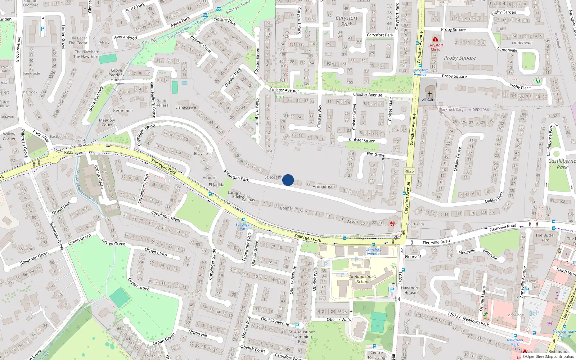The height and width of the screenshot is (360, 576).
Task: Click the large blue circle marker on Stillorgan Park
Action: pyautogui.click(x=288, y=180)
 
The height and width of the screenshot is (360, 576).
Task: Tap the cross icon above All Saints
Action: pyautogui.click(x=429, y=94)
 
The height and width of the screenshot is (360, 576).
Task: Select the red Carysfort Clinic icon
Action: pyautogui.click(x=435, y=39)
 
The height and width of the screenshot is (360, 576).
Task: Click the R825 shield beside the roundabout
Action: pyautogui.click(x=69, y=152)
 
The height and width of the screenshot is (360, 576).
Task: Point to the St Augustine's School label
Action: pyautogui.click(x=363, y=279)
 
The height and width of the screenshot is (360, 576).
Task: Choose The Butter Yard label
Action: pyautogui.click(x=545, y=238)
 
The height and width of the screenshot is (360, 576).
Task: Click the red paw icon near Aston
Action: pyautogui.click(x=392, y=224)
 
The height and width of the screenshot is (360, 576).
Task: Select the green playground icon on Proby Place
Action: pyautogui.click(x=538, y=81)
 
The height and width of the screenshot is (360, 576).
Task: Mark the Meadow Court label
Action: pyautogui.click(x=107, y=122)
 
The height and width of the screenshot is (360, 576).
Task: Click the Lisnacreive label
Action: pyautogui.click(x=186, y=107)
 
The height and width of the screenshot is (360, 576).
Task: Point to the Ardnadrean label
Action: pyautogui.click(x=324, y=186)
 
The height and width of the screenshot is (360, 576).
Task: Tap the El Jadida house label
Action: pyautogui.click(x=216, y=185)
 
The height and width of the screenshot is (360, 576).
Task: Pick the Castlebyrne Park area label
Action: pyautogui.click(x=562, y=164)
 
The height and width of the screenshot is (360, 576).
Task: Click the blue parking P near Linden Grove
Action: pyautogui.click(x=42, y=29)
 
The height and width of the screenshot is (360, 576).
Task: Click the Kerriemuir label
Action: pyautogui.click(x=123, y=111)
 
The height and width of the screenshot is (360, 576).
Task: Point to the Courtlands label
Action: pyautogui.click(x=415, y=224)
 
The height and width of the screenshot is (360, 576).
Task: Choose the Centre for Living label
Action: pyautogui.click(x=376, y=355)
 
